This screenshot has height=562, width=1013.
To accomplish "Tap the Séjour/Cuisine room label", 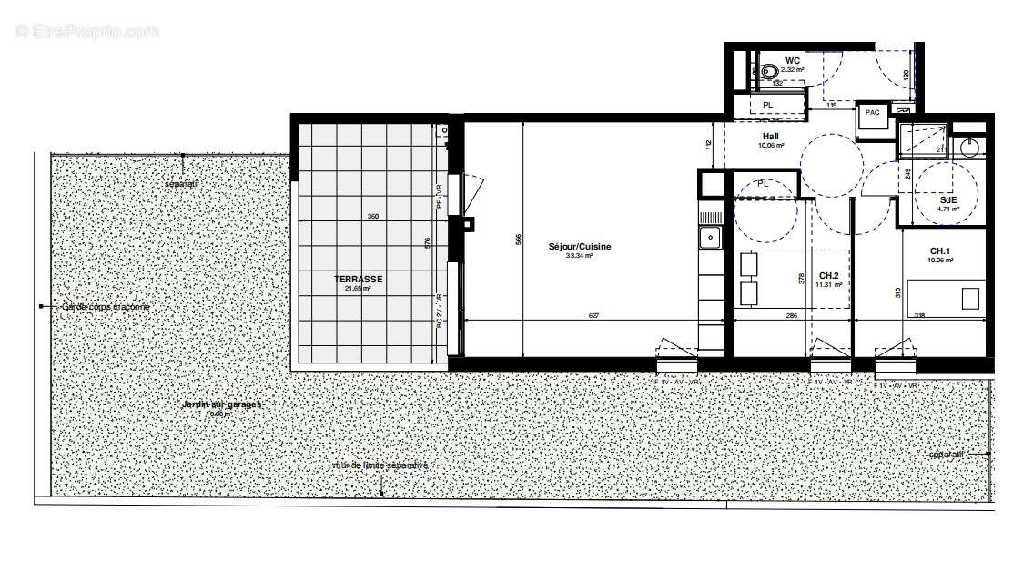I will point(579,247).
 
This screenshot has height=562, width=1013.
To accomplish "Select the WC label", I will point(793,61).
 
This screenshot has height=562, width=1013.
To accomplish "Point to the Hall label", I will point(770,137).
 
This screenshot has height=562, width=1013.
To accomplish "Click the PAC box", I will point(873,113).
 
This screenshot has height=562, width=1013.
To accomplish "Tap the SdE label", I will point(948,199).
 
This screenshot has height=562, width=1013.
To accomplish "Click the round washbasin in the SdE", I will point(971,147).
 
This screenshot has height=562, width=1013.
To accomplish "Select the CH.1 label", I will point(939,250).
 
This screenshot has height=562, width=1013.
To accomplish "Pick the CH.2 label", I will point(827,275).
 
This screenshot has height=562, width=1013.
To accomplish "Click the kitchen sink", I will point(710,239).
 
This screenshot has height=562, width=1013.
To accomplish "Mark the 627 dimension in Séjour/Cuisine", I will point(593,316).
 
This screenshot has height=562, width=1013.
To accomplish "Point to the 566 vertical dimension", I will point(518,239).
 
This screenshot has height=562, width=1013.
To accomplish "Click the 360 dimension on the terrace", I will point(372,216).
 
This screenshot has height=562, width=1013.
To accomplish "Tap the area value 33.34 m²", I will point(579,256).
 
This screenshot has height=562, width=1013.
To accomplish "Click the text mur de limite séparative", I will point(380,465).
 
